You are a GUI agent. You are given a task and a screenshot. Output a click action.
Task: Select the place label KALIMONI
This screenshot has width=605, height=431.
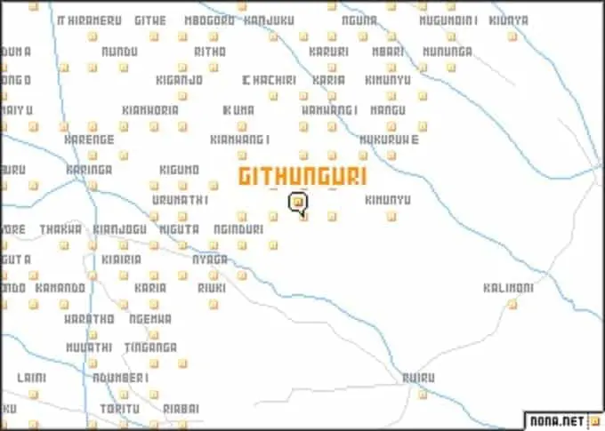[507, 288]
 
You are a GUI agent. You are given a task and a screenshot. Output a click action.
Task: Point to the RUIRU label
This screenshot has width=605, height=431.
[417, 377]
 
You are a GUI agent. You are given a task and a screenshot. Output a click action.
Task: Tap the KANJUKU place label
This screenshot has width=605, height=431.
[269, 20]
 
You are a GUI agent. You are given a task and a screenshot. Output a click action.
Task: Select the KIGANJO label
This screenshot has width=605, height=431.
[180, 80]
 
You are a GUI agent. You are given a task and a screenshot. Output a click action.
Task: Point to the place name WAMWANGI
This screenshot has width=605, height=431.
[330, 110]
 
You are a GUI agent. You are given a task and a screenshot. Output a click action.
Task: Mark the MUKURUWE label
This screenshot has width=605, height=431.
[389, 140]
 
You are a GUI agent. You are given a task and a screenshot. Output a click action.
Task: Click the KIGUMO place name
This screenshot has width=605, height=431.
[180, 169]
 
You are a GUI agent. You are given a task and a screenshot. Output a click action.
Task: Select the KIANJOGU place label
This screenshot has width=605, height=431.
[120, 228]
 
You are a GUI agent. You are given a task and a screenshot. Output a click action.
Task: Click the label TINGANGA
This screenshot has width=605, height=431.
[150, 347]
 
